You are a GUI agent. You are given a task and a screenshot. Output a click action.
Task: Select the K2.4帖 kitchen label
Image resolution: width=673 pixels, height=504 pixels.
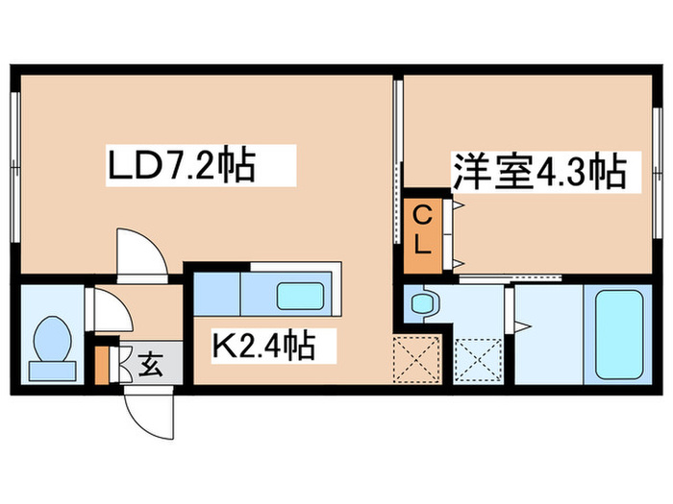263,344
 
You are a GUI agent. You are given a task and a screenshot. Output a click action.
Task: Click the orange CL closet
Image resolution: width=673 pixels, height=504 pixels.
421,228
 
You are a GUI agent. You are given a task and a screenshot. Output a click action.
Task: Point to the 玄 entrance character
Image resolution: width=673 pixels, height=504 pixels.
149,365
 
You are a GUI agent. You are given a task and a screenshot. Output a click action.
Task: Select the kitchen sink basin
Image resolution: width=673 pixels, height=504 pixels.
302,296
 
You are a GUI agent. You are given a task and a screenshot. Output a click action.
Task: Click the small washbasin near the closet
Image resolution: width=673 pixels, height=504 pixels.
421,305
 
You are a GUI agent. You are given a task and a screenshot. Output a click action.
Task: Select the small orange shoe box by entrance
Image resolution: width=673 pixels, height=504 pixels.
103,366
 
